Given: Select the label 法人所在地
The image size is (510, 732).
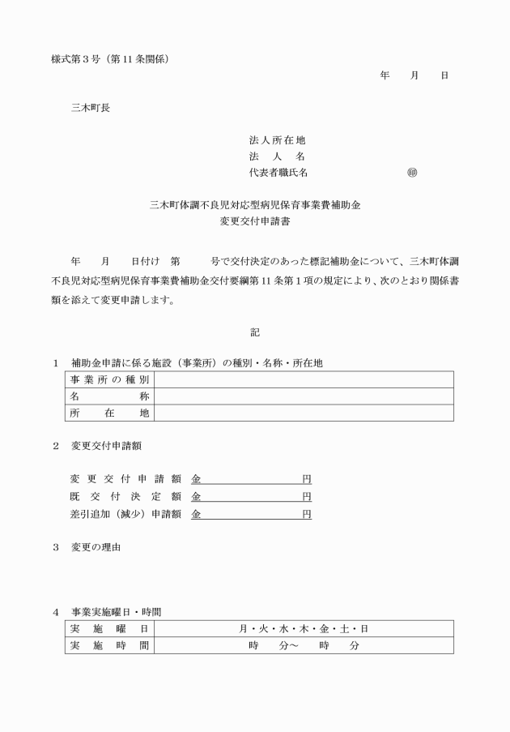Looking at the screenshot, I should pos(277,140).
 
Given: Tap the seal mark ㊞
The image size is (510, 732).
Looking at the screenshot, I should pos(412,173).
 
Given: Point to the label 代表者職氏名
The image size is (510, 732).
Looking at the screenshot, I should pos(278,173).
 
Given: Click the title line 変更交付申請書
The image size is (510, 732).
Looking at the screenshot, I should pos(255,220).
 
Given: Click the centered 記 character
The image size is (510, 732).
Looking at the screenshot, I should pos(255,331).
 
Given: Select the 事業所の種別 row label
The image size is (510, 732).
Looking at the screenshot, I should pos(109,380).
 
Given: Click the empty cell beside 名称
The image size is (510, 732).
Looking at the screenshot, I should pos(303,396).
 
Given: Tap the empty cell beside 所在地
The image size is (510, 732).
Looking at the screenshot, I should pos(303,413).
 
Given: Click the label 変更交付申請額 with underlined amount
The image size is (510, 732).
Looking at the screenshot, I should pos(125,478).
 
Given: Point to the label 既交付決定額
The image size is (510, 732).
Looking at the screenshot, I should pos(125,496).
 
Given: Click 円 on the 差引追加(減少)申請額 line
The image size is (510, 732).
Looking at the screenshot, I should pos(307,514).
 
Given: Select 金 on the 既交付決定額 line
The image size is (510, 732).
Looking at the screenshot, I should pos(196,496).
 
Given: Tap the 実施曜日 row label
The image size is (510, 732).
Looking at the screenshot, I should pos(109,629).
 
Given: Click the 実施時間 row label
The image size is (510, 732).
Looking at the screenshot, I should pos(109,645).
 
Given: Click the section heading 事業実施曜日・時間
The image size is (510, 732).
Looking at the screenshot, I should pos(121,611).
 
